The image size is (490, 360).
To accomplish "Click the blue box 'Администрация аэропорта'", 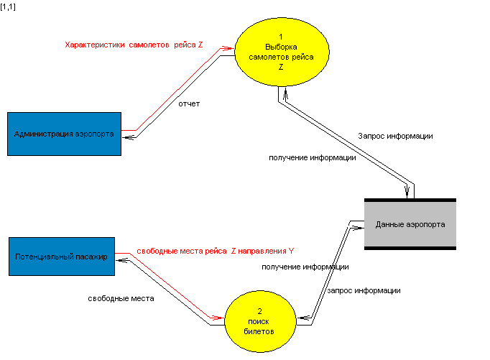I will pyautogui.click(x=64, y=134).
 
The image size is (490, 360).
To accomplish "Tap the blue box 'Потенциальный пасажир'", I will pyautogui.click(x=61, y=256).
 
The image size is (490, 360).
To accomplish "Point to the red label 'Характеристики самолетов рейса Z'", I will pyautogui.click(x=134, y=45).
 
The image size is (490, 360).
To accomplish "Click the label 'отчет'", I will pyautogui.click(x=189, y=103).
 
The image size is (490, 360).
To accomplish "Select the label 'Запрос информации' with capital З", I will pyautogui.click(x=395, y=136).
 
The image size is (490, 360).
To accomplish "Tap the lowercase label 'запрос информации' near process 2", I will pyautogui.click(x=364, y=291).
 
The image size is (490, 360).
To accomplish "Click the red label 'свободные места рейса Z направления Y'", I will pyautogui.click(x=215, y=251).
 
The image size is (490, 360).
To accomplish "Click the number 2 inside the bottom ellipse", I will pyautogui.click(x=259, y=311).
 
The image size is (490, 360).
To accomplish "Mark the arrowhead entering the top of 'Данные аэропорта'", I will pyautogui.click(x=410, y=192).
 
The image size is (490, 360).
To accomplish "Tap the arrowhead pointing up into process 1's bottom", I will pyautogui.click(x=286, y=92).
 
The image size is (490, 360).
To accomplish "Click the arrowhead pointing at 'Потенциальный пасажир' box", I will pyautogui.click(x=121, y=263).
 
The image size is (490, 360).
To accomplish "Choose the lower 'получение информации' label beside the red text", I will pyautogui.click(x=305, y=267).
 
